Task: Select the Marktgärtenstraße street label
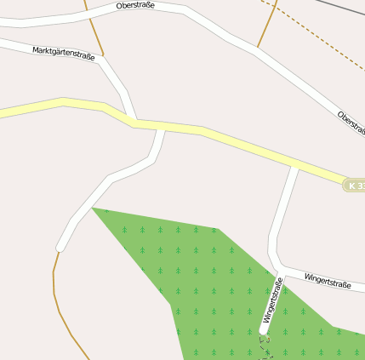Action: [63, 53]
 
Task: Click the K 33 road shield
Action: [356, 185]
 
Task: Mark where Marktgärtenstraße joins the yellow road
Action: [134, 122]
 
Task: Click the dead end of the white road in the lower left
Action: [60, 248]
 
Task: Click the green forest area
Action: [213, 281]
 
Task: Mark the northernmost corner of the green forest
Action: [94, 208]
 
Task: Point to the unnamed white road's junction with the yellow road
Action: [161, 128]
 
